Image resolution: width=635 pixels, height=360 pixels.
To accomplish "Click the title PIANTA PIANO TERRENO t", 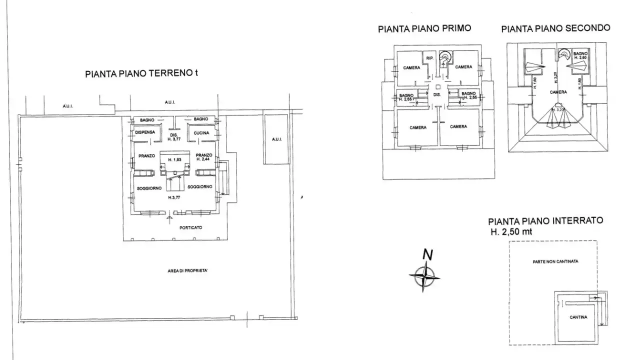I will pyautogui.click(x=141, y=73).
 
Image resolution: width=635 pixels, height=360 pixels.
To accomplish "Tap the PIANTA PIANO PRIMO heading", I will pyautogui.click(x=424, y=29).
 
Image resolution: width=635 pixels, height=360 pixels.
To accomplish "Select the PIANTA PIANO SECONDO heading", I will pyautogui.click(x=555, y=28).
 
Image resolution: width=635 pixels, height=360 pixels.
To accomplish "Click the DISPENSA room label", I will pyautogui.click(x=145, y=132).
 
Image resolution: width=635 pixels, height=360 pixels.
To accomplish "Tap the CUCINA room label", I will pyautogui.click(x=201, y=132).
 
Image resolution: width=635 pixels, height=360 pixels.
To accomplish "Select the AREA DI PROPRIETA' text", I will pyautogui.click(x=188, y=270).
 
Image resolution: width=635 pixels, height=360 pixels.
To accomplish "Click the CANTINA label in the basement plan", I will pyautogui.click(x=578, y=317).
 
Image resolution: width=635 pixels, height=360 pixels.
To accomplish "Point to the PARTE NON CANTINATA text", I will pyautogui.click(x=552, y=261).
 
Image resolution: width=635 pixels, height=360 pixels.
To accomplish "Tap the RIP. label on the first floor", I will pyautogui.click(x=429, y=59).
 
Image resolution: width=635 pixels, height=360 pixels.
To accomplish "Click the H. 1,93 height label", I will pyautogui.click(x=174, y=159).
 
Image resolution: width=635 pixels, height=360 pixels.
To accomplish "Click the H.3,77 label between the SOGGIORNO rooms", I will pyautogui.click(x=173, y=198).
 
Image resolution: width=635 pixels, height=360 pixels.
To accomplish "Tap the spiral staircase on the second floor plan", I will pyautogui.click(x=564, y=53).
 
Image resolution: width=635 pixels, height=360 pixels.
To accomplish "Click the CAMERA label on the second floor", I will pyautogui.click(x=558, y=92).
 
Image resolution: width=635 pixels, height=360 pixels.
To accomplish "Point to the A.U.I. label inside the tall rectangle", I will pyautogui.click(x=276, y=139).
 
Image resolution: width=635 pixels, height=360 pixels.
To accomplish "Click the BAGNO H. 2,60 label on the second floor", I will pyautogui.click(x=580, y=55).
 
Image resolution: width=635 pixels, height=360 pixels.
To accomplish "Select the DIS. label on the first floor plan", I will pyautogui.click(x=436, y=94).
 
